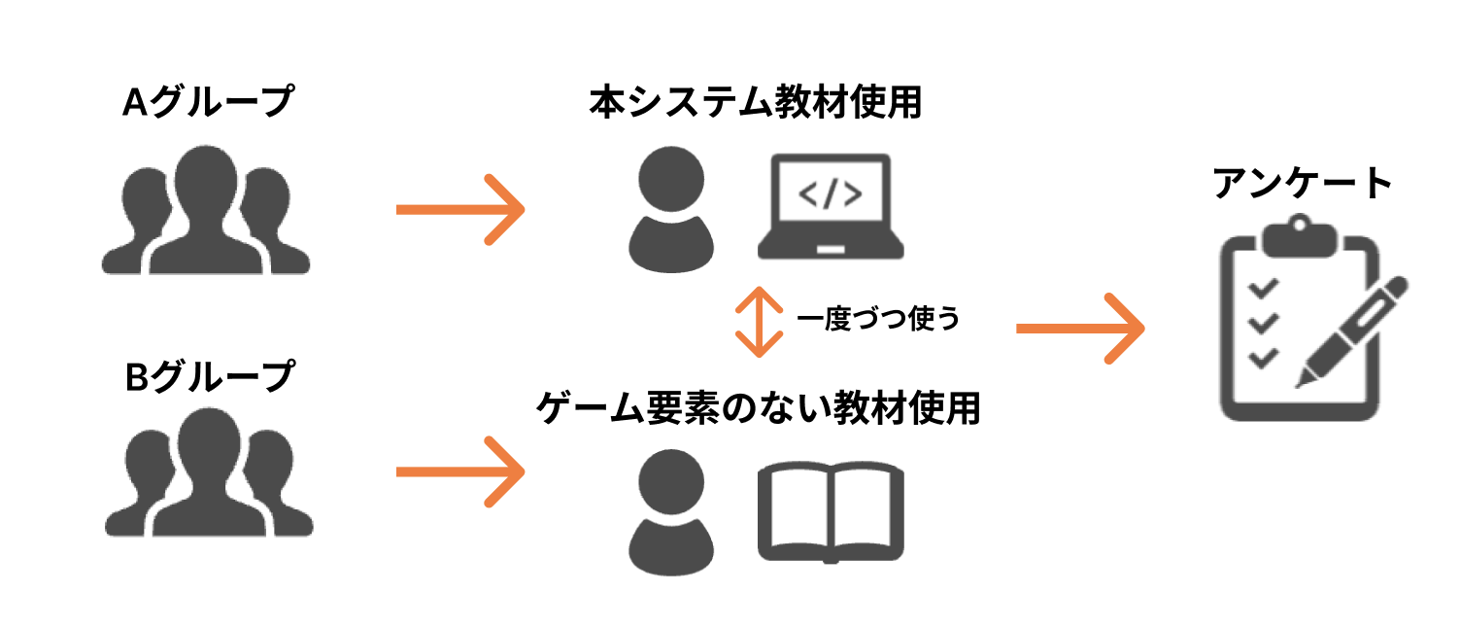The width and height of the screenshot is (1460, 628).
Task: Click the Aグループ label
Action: pos(207,101)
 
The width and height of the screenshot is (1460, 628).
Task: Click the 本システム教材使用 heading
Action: pos(755,102)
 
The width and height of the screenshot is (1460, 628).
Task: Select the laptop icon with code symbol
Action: pos(830,207)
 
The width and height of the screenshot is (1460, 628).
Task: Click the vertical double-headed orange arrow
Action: pos(759,321)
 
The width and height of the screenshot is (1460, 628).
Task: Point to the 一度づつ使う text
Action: pos(877,320)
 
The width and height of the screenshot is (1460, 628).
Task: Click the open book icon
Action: pos(831,512)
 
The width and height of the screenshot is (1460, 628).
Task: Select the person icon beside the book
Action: pos(671,512)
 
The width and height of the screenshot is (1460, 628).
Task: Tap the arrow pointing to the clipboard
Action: pos(1079,329)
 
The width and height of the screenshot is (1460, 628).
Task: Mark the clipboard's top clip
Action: pos(1298,237)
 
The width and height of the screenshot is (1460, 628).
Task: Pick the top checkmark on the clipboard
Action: pos(1262,289)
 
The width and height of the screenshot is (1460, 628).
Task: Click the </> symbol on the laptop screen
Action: pos(829,194)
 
